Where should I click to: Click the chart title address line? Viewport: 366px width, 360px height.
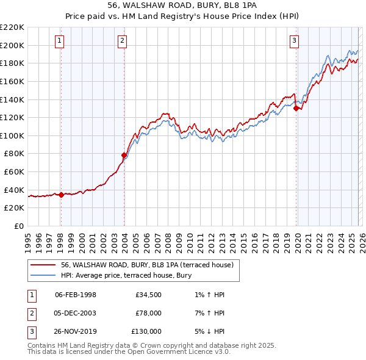[x=183, y=5]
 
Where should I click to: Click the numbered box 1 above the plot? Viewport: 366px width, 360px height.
[x=60, y=41]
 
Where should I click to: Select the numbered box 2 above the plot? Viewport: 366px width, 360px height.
[x=122, y=41]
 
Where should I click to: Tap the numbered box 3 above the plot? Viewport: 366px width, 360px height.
[x=294, y=41]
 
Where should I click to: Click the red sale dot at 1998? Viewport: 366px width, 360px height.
[x=61, y=195]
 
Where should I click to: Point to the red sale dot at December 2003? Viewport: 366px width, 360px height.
[x=124, y=155]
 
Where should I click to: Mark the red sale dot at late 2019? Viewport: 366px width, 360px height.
[x=296, y=109]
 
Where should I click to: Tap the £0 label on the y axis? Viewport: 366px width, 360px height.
[x=18, y=226]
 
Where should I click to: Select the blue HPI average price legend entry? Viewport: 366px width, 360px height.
[x=126, y=275]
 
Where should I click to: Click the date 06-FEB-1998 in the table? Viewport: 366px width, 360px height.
[x=76, y=295]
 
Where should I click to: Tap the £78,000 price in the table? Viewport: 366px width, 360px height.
[x=149, y=313]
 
